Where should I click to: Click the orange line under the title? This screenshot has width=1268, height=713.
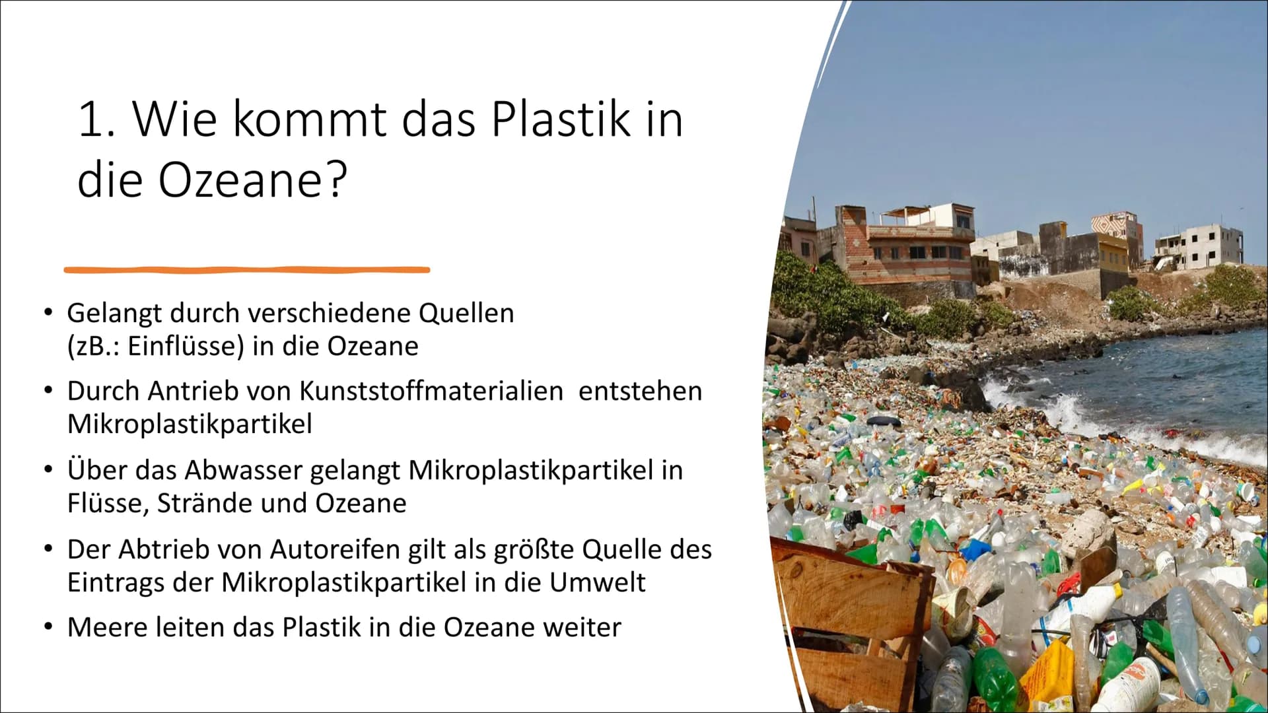247,269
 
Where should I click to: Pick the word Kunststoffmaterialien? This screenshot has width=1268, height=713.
431,391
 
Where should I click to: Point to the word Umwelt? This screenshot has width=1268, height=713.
597,582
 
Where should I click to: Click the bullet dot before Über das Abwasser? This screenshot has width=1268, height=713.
48,471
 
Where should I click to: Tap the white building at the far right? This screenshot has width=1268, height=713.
1198,247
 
